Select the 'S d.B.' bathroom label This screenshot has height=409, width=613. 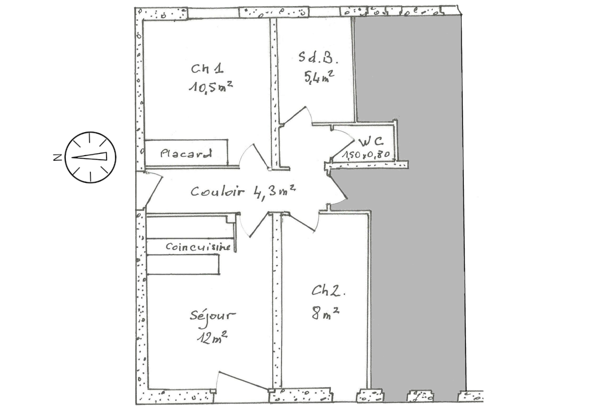318,58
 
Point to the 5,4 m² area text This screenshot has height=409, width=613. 319,77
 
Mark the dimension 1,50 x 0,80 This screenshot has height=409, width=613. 366,155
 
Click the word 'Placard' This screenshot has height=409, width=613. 186,153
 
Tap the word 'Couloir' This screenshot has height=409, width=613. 217,191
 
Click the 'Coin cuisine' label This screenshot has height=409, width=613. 198,247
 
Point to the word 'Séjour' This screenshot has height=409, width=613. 213,318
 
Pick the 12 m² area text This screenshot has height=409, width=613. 212,338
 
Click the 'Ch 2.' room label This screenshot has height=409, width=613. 328,291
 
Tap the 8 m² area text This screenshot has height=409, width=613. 325,313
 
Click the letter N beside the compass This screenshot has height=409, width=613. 58,157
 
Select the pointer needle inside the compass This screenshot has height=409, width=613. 89,156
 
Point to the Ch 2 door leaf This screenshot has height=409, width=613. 299,222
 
